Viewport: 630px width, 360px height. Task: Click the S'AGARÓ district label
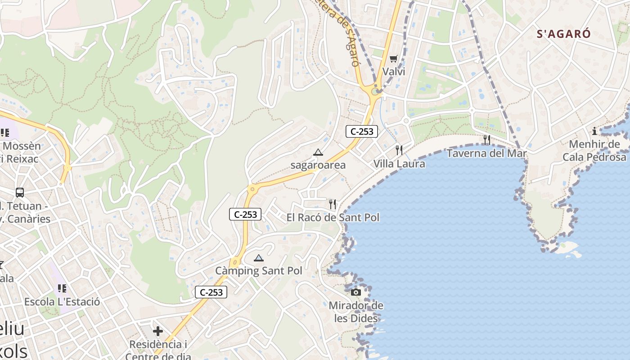(563, 34)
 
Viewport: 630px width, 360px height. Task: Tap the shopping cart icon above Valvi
(394, 58)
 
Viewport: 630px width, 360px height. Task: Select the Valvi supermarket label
(394, 72)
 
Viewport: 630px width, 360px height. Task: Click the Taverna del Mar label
(486, 153)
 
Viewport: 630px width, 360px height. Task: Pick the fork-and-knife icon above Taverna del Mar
(486, 140)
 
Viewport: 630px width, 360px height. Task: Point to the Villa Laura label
(399, 163)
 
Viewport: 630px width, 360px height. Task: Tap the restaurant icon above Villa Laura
(399, 150)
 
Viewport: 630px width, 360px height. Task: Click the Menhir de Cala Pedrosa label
(594, 150)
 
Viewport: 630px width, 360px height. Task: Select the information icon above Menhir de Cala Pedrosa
(594, 131)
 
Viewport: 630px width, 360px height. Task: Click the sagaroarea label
(318, 165)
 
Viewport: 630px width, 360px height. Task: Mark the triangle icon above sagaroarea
(318, 152)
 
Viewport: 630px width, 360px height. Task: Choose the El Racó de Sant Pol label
(333, 217)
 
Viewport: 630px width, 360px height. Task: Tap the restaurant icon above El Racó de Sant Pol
(333, 204)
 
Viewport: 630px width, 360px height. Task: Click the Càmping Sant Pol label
(259, 271)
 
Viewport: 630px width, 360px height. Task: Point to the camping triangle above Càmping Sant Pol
(258, 258)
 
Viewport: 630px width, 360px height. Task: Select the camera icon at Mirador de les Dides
(356, 292)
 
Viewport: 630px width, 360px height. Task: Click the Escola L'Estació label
(62, 301)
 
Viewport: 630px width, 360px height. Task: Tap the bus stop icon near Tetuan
(20, 193)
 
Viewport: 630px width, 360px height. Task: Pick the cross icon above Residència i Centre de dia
(157, 332)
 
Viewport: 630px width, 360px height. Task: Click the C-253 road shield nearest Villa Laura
(361, 131)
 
